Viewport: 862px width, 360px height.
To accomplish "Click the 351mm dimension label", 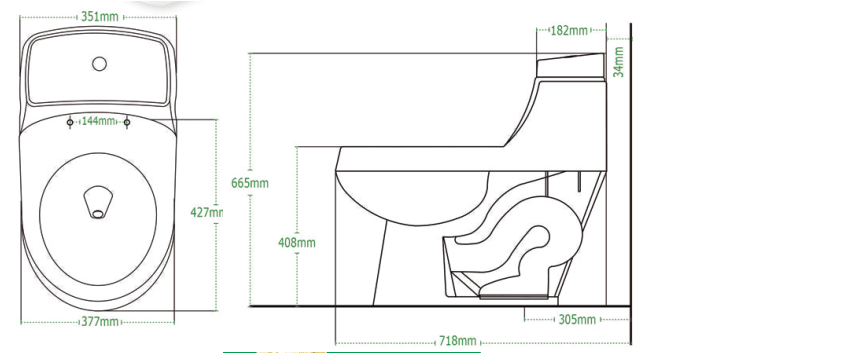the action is coord(100,16).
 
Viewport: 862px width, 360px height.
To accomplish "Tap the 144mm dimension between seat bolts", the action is coord(98,121).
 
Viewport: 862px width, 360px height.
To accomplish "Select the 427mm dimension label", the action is coord(207,212).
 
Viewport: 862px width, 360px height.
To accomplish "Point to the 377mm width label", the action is coord(100,322).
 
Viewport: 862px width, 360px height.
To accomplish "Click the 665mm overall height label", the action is coord(250,183).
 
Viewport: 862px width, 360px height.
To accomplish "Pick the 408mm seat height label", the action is coord(297,242).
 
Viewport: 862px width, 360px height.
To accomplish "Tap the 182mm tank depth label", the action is coord(569,30).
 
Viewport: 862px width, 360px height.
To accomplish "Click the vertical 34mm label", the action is coord(619,62).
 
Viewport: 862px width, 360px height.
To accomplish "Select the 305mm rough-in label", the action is coord(577,319).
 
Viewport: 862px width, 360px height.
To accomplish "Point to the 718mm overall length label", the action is coord(457,341).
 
